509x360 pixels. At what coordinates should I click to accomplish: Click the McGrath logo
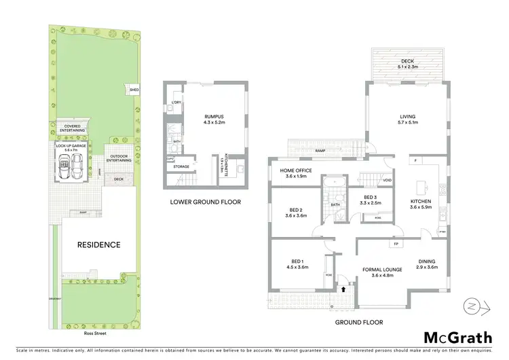click(x=459, y=338)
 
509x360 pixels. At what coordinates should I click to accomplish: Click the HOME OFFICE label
click(x=297, y=173)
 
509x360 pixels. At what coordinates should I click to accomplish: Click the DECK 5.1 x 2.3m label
click(x=407, y=64)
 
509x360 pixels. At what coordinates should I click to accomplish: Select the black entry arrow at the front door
click(x=343, y=289)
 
